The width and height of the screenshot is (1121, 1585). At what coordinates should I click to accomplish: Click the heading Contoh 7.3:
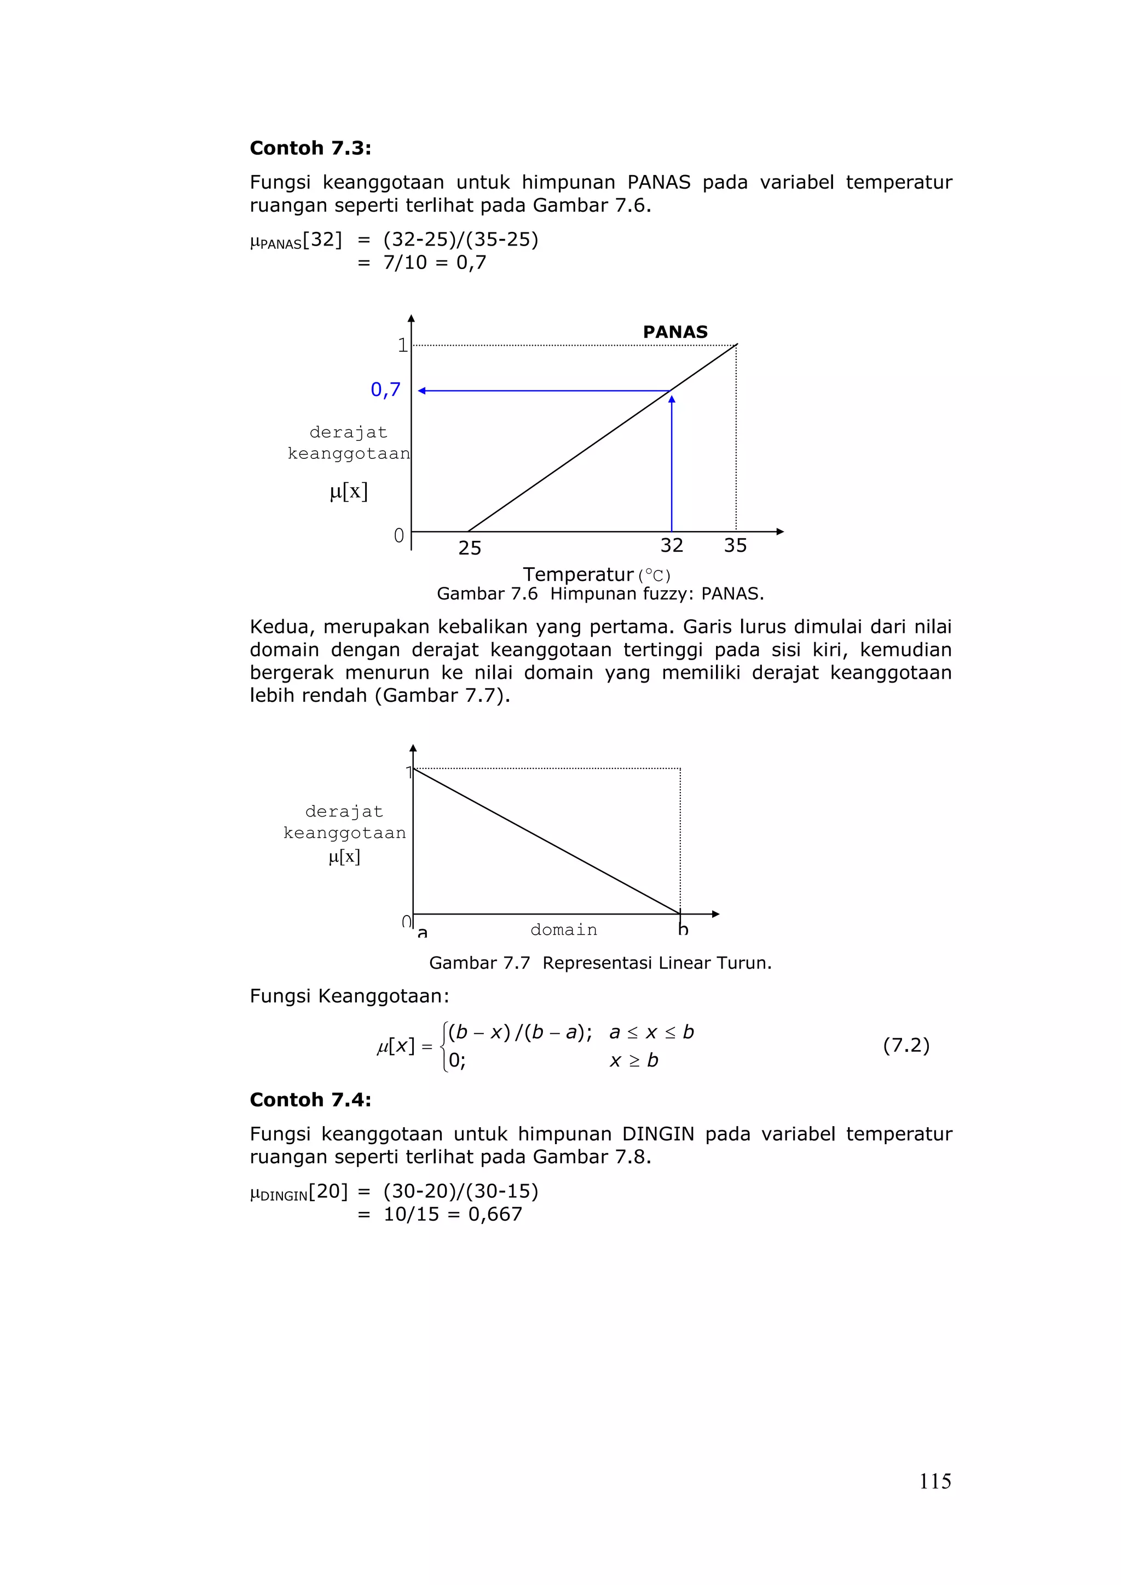point(310,148)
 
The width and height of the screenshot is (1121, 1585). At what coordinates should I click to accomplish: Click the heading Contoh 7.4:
point(310,1100)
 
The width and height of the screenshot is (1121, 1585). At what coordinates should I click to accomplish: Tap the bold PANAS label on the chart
point(675,332)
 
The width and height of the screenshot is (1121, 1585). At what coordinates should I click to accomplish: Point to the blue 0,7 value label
point(385,390)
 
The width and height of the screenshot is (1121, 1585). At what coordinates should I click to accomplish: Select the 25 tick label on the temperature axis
point(470,548)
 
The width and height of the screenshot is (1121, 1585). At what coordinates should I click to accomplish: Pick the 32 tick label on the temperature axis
point(672,546)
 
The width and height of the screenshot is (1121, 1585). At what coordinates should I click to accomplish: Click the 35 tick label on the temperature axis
point(735,546)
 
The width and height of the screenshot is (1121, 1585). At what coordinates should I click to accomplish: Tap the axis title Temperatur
point(578,574)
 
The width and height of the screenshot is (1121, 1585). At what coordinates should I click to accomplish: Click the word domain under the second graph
point(564,930)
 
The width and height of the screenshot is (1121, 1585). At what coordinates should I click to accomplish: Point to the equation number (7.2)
point(906,1045)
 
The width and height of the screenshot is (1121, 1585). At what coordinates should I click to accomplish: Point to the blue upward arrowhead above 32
point(672,399)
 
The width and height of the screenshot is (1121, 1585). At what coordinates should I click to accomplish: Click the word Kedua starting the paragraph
point(282,627)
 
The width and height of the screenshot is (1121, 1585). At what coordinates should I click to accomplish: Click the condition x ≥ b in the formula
point(634,1060)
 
